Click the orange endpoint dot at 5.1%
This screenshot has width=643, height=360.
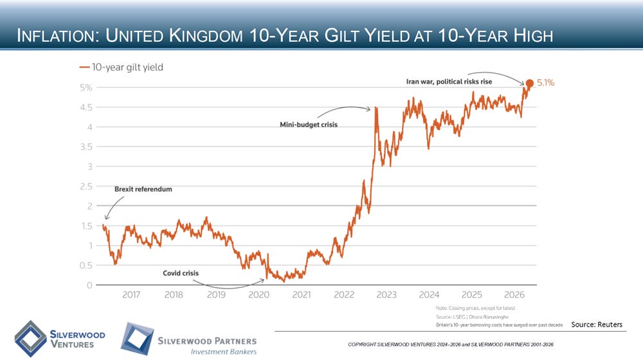pos(529,83)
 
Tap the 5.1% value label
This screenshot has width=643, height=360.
pos(545,83)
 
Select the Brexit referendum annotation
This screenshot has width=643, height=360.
pos(143,189)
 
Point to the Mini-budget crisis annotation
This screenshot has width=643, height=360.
pos(309,125)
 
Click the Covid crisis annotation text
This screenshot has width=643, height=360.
pos(181,273)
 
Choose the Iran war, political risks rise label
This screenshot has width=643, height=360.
pos(449,82)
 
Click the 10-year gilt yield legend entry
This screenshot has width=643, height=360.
pos(122,67)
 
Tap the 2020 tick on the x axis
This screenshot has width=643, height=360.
pos(258,294)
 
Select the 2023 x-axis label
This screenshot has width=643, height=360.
pos(386,294)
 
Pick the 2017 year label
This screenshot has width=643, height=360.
pos(131,294)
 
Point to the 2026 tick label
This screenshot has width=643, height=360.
pos(514,294)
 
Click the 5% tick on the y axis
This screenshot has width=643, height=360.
pos(86,87)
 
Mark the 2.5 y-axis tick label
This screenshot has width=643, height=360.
pos(86,186)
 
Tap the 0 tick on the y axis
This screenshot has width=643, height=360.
pos(89,285)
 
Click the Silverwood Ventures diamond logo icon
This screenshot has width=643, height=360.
pos(30,339)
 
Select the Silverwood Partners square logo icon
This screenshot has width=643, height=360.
pos(137,339)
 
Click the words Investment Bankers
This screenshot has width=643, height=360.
pos(224,352)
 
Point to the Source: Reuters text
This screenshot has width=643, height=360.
pos(597,325)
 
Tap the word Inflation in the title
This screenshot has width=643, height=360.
pos(57,35)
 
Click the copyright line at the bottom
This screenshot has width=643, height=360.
pos(451,345)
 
